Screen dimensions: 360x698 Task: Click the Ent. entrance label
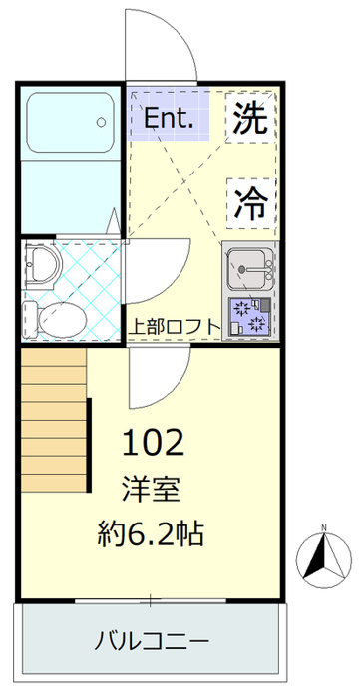click(x=170, y=119)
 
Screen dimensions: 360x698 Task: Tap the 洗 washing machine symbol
click(x=251, y=118)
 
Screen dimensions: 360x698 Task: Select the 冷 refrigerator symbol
click(x=251, y=203)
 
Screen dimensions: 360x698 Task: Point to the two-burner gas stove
click(x=249, y=316)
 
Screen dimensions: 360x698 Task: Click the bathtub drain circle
click(x=102, y=122)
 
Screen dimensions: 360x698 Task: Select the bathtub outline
click(x=71, y=123)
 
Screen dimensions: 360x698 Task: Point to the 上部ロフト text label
click(x=175, y=328)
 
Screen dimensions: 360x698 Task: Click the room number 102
click(x=153, y=443)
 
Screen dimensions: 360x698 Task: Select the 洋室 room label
click(x=152, y=490)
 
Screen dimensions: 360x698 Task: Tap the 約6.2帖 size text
click(x=151, y=533)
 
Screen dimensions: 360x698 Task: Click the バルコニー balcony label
click(x=152, y=641)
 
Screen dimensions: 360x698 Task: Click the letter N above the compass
click(x=324, y=528)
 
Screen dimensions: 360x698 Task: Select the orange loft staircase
click(x=54, y=420)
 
